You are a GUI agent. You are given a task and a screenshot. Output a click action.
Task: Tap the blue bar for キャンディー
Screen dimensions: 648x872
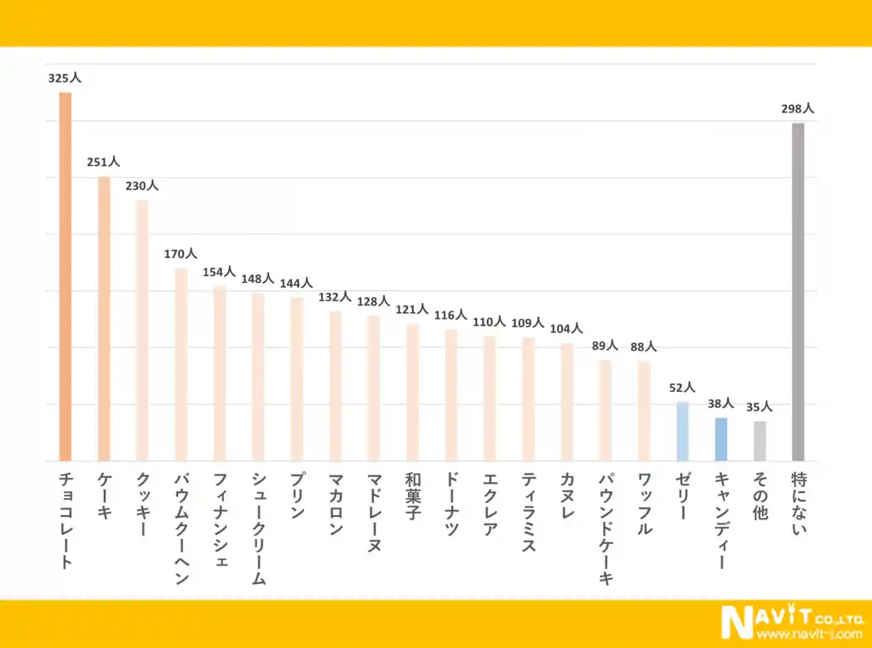click(721, 439)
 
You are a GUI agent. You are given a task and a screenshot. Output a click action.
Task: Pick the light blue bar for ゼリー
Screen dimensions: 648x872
click(682, 431)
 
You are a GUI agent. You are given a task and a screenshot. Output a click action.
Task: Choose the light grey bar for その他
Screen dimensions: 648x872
click(760, 441)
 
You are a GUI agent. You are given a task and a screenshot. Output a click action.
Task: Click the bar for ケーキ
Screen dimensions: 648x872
click(104, 318)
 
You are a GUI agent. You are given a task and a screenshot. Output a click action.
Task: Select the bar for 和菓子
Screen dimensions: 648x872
click(412, 393)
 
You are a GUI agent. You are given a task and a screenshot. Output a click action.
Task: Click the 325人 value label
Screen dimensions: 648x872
click(65, 77)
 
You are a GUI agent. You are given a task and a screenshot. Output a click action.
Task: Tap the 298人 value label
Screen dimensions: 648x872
click(798, 109)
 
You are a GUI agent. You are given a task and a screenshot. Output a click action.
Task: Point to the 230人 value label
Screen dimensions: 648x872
click(142, 186)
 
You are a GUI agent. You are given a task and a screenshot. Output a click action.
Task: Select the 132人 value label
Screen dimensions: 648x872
click(335, 297)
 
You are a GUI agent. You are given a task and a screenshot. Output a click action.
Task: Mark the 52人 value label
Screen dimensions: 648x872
click(682, 387)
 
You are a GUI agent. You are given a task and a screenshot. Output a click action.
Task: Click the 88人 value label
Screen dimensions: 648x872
click(644, 347)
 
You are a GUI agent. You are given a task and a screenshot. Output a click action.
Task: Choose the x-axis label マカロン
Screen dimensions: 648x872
click(335, 503)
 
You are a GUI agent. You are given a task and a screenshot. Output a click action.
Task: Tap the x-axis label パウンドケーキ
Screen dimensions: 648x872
click(605, 528)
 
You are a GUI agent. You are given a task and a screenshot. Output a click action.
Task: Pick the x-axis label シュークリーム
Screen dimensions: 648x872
click(258, 528)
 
